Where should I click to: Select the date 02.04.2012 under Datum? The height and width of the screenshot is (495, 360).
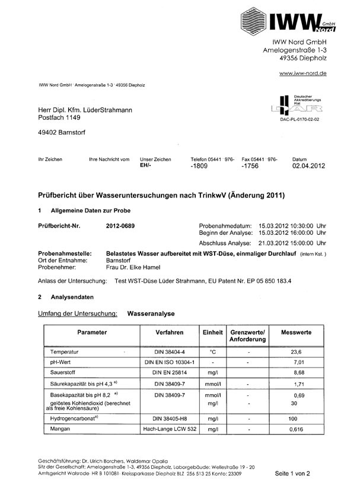pyautogui.click(x=310, y=167)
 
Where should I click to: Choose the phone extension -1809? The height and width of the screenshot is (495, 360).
pyautogui.click(x=199, y=167)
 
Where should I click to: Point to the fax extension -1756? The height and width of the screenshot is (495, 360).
pyautogui.click(x=251, y=167)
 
